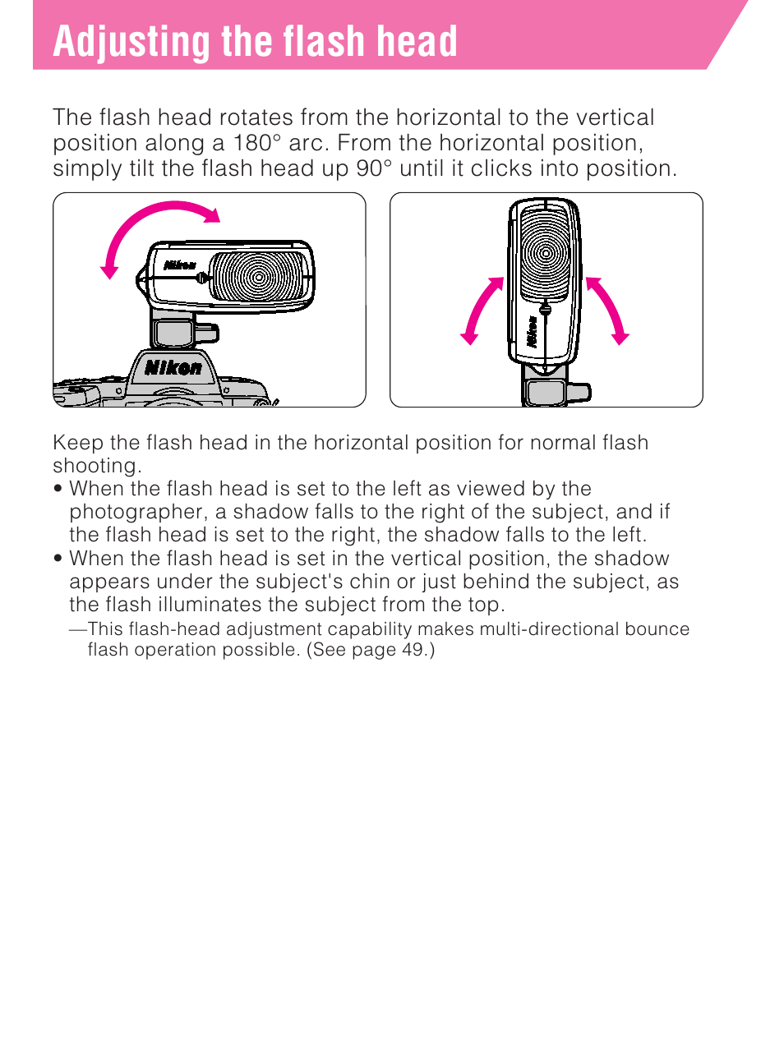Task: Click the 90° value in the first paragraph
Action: point(374,168)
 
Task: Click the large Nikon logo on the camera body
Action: point(173,368)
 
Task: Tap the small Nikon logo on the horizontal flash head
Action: point(180,265)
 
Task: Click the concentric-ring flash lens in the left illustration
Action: point(258,276)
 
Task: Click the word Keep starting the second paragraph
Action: point(78,443)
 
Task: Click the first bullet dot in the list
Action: point(58,489)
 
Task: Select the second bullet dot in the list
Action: point(58,559)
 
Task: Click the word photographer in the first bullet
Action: point(136,512)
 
